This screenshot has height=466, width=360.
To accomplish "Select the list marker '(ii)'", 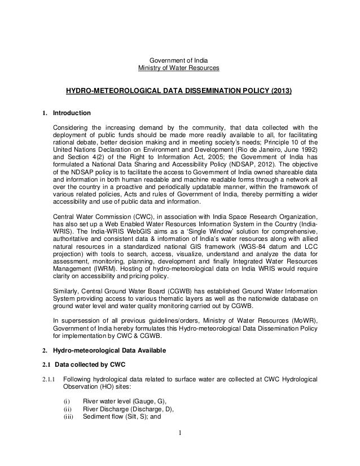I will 67,410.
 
